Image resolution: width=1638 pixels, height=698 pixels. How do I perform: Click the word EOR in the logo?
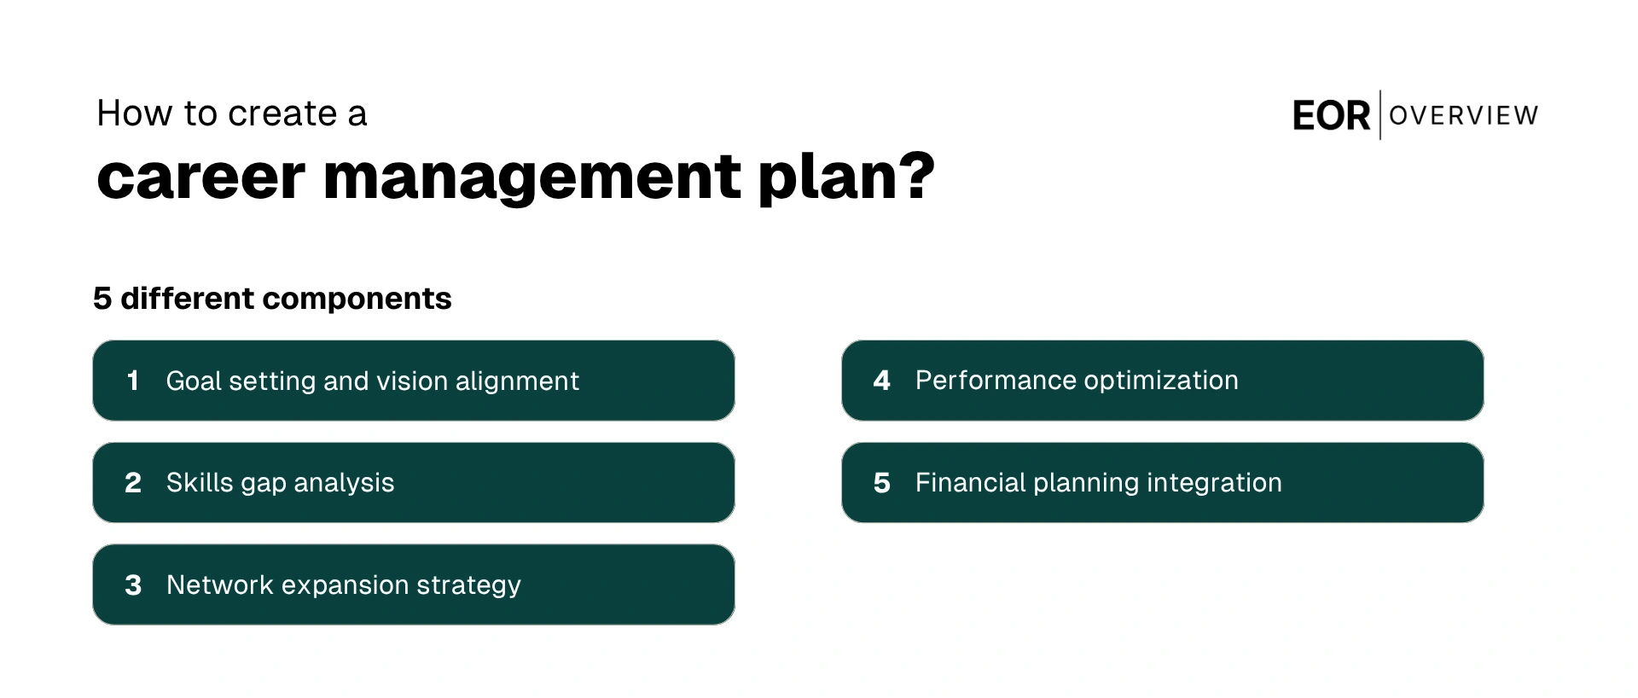pos(1331,115)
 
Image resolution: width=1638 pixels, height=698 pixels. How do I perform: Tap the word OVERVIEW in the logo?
pos(1464,115)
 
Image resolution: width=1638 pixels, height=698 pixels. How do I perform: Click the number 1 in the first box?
pos(132,381)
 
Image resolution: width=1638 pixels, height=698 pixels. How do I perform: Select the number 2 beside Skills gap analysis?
pos(133,483)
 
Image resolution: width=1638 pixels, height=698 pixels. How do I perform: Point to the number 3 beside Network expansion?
pos(133,585)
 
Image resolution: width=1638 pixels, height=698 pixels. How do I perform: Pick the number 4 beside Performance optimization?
pos(882,381)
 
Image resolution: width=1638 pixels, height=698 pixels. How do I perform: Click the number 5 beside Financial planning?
pos(882,483)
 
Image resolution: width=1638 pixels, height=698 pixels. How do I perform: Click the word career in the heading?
pos(200,177)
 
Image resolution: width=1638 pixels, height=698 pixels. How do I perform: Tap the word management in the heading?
pos(531,177)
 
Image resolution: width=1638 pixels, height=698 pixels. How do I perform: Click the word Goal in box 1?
pos(194,381)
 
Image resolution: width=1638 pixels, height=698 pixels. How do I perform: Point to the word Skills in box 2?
pos(200,483)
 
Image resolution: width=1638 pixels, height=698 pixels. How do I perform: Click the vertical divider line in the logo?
pos(1380,115)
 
